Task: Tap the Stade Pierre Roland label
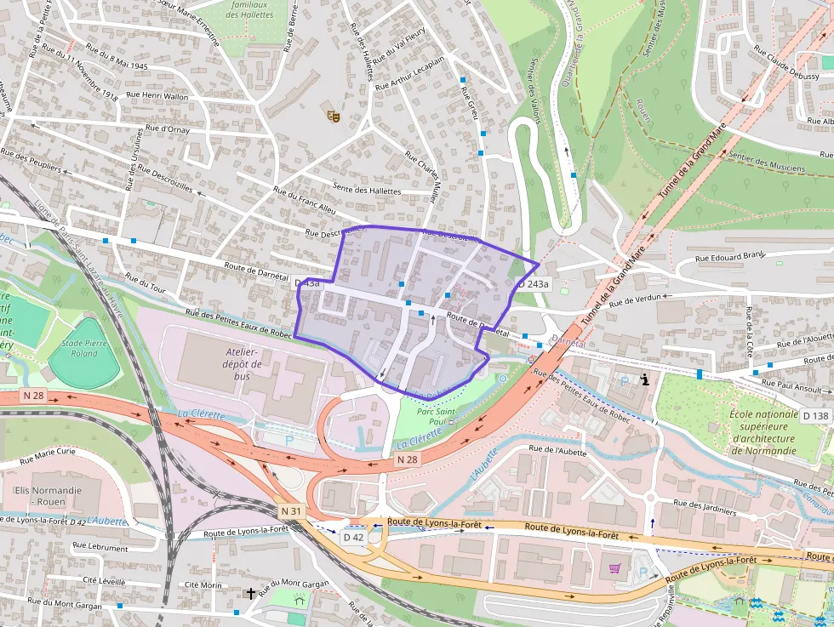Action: coord(84,347)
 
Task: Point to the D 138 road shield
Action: coord(815,415)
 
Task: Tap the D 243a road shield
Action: coord(533,284)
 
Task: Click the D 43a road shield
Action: coord(307,282)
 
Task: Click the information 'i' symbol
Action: coord(646,380)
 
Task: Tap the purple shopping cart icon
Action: coord(615,567)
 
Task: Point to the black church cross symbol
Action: coord(251,593)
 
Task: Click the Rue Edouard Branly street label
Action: coord(730,256)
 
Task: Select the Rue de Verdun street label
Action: coord(635,299)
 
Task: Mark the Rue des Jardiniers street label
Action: coord(702,513)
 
